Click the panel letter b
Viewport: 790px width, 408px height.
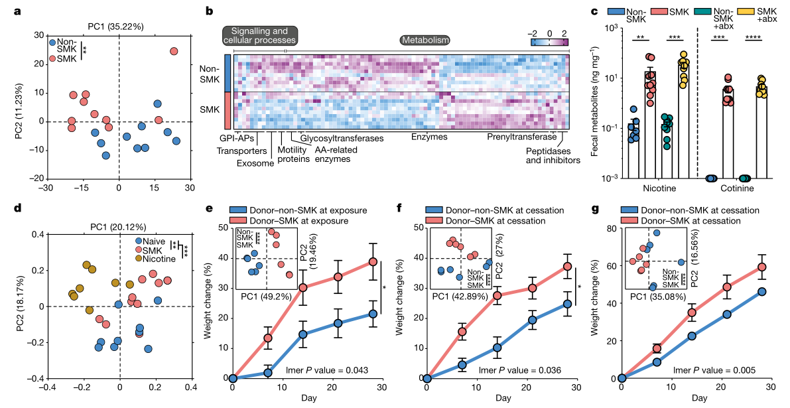(210, 11)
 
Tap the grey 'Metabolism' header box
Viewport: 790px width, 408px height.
(425, 40)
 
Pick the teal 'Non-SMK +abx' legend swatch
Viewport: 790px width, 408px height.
(700, 12)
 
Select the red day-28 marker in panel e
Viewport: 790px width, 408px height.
(373, 261)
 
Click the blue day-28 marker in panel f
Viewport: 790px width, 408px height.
(568, 304)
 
